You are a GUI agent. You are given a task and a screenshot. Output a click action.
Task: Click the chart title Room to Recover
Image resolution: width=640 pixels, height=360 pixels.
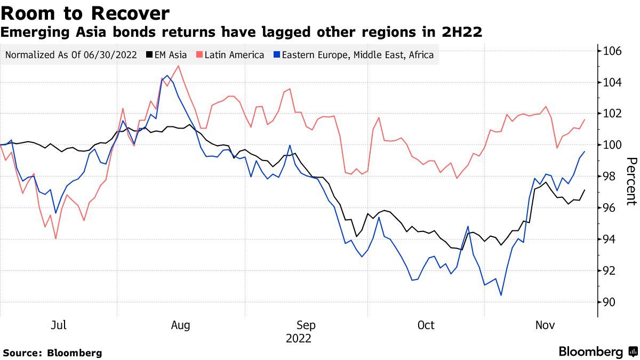pos(85,13)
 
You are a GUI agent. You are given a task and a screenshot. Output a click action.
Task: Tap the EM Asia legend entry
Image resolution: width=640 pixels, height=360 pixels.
pos(166,54)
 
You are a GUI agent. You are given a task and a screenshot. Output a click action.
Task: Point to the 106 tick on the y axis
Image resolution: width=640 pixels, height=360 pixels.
pos(613,51)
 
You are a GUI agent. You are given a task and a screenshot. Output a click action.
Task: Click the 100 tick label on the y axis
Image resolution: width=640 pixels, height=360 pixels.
pos(613,145)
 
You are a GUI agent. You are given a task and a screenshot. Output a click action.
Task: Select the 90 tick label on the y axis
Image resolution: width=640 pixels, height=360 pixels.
pos(610,302)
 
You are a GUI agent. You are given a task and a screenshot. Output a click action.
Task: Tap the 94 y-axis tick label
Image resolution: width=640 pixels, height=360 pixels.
pos(610,239)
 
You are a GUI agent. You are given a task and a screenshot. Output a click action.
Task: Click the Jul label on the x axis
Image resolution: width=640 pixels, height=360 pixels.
pos(59,325)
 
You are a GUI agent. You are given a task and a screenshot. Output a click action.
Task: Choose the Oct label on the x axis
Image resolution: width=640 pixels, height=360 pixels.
pos(426,325)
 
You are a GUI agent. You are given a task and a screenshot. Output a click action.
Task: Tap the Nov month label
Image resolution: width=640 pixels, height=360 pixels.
pos(545,325)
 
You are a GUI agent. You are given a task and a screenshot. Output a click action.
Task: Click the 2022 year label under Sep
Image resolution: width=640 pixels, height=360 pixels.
pos(299,339)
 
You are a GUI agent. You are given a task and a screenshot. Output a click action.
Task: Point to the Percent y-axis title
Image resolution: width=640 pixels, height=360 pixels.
pos(631,181)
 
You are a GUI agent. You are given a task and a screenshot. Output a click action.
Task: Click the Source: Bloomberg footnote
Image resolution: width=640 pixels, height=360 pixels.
pos(52,353)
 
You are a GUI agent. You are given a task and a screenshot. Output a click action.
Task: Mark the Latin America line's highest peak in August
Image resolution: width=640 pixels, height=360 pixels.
pos(178,66)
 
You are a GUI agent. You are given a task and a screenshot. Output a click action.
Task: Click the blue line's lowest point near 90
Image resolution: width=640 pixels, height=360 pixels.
pos(501,295)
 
